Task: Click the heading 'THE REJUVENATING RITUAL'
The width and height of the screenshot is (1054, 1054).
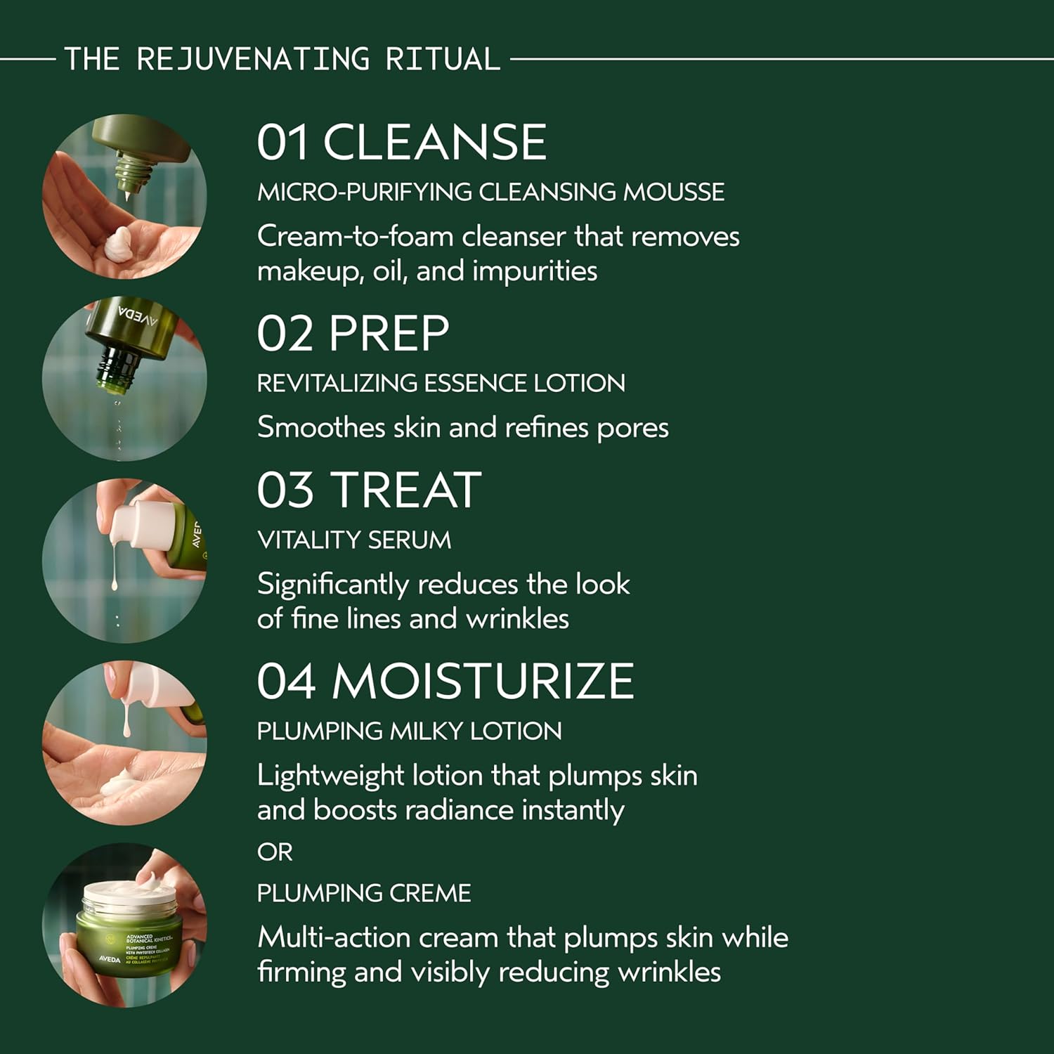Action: (x=282, y=59)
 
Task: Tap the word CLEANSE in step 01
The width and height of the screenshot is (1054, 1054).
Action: (x=434, y=143)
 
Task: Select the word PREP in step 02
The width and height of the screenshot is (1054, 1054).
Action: (x=389, y=334)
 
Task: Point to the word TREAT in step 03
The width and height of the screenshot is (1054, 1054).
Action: (x=406, y=490)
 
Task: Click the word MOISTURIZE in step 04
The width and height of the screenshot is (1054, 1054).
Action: (x=483, y=682)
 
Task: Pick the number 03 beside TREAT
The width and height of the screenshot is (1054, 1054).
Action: (x=285, y=490)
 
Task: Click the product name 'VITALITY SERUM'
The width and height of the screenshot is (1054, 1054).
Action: (x=354, y=540)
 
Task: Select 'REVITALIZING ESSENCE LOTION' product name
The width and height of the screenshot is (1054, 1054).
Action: (x=441, y=384)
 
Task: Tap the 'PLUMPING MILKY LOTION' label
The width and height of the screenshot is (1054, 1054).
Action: (x=409, y=731)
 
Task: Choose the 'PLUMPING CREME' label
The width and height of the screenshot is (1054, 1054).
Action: (x=363, y=893)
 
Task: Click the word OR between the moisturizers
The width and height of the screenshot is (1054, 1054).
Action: (x=274, y=852)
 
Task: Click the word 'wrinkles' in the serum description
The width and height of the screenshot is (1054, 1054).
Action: (x=517, y=619)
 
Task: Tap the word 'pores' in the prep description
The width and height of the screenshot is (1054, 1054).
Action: (x=632, y=428)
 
